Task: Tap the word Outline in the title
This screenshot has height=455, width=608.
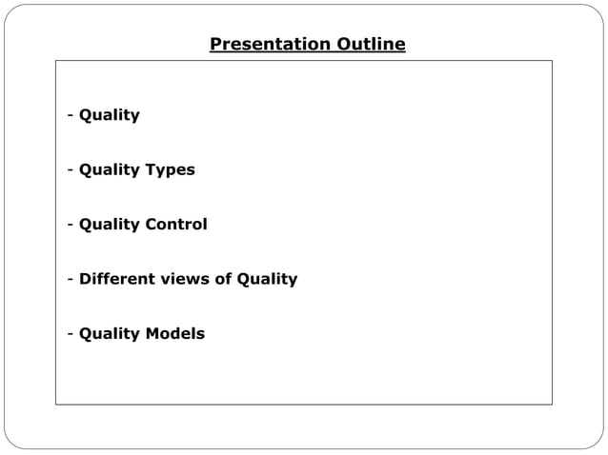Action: [x=369, y=45]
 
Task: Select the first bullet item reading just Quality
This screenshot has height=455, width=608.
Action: [x=110, y=115]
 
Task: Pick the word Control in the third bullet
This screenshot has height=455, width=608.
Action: [x=175, y=225]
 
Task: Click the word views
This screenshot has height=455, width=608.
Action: [x=181, y=279]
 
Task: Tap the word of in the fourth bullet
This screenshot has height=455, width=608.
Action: [x=222, y=279]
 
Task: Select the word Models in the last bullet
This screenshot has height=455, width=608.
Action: [x=174, y=333]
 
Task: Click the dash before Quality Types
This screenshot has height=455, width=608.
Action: [x=71, y=170]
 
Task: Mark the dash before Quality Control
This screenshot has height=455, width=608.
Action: [x=71, y=226]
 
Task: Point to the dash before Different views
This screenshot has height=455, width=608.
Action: [x=71, y=280]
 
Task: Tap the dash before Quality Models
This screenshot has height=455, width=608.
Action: [x=71, y=334]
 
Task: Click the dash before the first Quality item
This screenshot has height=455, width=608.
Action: [x=71, y=116]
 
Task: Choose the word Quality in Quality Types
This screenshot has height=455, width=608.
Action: [x=110, y=169]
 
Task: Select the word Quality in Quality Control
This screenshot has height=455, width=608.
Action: [x=110, y=225]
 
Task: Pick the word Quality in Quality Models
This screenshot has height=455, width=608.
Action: [x=110, y=333]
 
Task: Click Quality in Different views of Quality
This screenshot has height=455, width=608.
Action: [x=267, y=279]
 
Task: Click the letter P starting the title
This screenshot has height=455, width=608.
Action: [x=215, y=45]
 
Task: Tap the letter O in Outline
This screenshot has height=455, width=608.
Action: [x=341, y=45]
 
